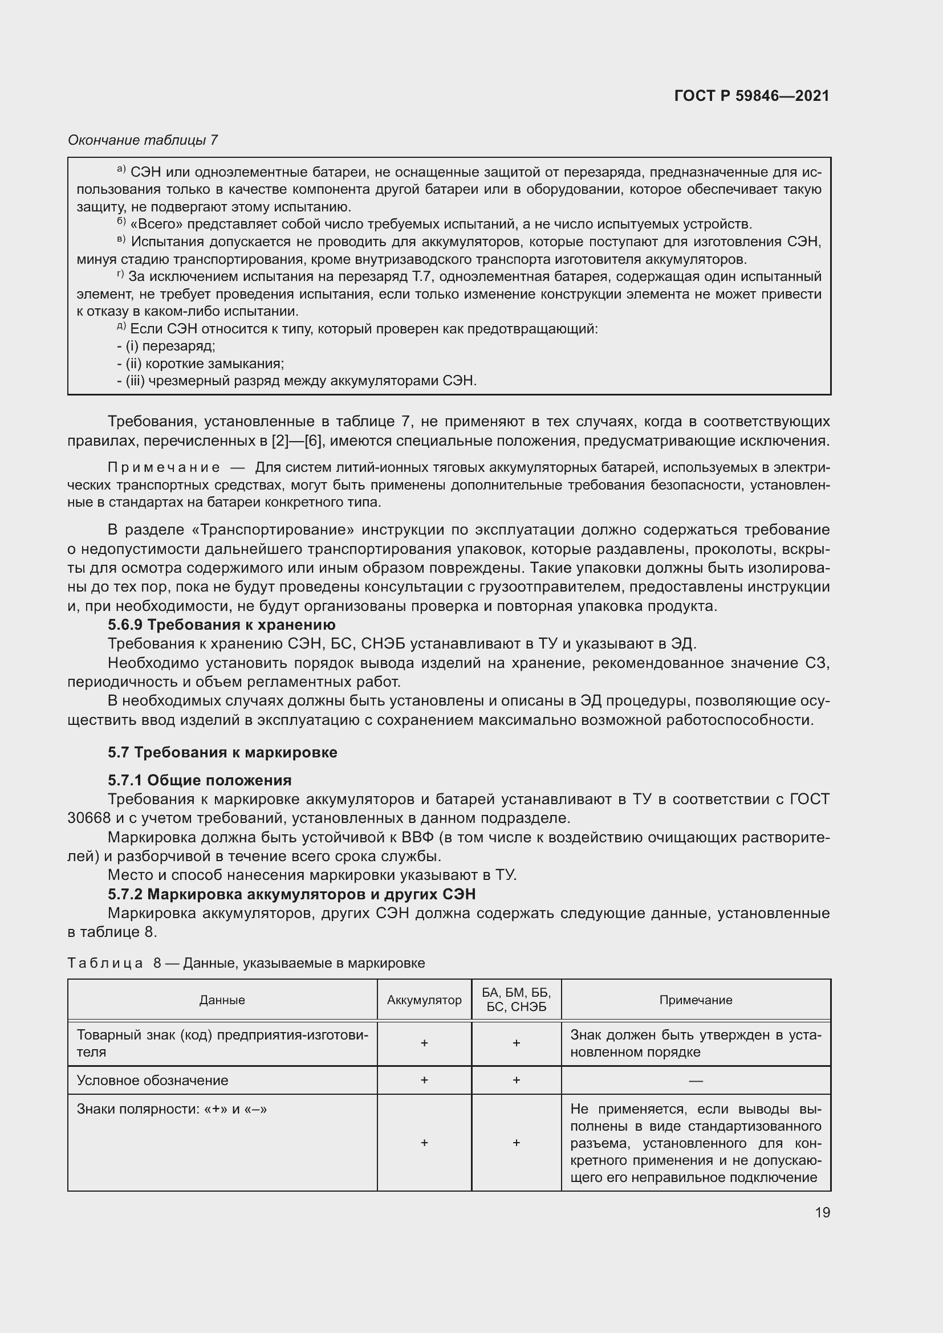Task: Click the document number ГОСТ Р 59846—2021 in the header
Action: click(x=751, y=96)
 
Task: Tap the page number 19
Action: click(x=822, y=1212)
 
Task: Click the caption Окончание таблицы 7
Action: click(x=143, y=140)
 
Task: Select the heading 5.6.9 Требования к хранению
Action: click(x=221, y=625)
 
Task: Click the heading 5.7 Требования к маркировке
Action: click(x=222, y=752)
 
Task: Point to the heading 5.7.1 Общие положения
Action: click(x=200, y=780)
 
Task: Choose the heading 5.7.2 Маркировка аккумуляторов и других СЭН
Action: click(x=291, y=894)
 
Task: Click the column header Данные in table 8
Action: click(x=222, y=1000)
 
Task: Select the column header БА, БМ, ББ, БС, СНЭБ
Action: click(x=516, y=1000)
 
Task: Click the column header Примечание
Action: click(x=696, y=1000)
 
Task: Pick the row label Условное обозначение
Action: click(x=152, y=1081)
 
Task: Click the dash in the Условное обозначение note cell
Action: click(x=696, y=1081)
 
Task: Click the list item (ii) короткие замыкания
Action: click(x=200, y=364)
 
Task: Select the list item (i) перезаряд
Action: click(x=166, y=346)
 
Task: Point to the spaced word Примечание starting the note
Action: click(x=164, y=468)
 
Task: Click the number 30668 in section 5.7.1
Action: click(x=89, y=818)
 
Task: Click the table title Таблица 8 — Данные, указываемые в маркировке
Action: click(x=246, y=963)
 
